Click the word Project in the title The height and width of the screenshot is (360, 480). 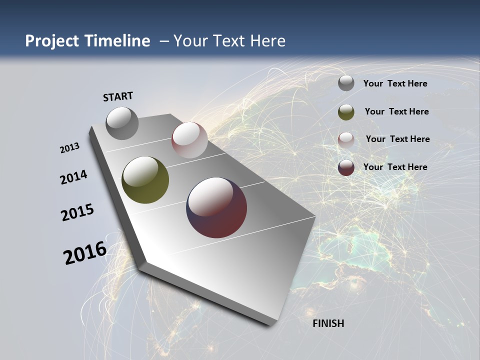[50, 41]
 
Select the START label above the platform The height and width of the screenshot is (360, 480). [118, 96]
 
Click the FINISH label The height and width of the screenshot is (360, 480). [328, 323]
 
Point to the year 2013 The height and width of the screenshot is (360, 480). [70, 147]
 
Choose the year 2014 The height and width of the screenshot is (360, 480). [74, 177]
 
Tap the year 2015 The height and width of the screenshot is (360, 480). [77, 212]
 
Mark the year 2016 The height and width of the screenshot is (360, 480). [85, 253]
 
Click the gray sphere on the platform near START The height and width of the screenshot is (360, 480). [122, 123]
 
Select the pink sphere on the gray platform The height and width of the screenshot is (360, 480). [189, 140]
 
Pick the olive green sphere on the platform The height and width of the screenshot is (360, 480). [145, 180]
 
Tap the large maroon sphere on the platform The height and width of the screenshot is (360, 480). [216, 207]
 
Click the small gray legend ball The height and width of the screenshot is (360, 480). [346, 83]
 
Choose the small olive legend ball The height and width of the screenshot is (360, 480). [346, 112]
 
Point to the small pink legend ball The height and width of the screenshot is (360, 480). [346, 140]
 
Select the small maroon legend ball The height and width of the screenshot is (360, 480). [346, 167]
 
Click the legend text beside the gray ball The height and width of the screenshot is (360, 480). [395, 83]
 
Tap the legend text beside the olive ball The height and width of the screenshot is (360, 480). [396, 111]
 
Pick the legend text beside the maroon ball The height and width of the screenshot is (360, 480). [395, 167]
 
